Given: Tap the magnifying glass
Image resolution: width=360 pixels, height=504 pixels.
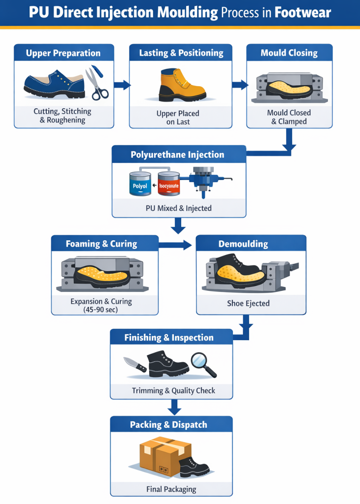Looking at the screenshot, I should click(204, 365).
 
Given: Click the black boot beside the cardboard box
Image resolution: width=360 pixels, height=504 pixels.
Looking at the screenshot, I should click(195, 468).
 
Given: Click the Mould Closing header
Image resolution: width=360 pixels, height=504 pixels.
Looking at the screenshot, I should click(289, 53).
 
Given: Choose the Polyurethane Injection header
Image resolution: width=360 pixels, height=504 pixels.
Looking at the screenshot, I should click(177, 155).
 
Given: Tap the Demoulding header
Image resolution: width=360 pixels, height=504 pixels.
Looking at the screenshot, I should click(250, 244).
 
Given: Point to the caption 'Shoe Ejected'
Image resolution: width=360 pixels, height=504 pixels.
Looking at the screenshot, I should click(248, 303).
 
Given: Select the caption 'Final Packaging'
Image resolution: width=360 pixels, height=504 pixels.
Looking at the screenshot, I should click(171, 489).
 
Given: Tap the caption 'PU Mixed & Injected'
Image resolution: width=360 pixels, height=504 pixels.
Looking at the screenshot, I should click(179, 208).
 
